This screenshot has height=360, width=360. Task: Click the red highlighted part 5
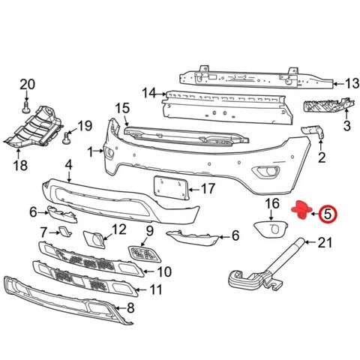[x=302, y=209]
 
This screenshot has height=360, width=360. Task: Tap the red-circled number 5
[x=328, y=214]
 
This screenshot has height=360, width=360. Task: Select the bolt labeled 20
[x=26, y=106]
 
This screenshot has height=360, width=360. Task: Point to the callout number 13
[x=352, y=83]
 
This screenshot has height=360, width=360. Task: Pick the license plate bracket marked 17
[x=171, y=188]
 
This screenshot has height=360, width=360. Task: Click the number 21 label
[x=325, y=242]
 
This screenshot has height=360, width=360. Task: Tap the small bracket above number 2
[x=313, y=132]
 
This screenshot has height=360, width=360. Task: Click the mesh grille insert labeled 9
[x=144, y=254]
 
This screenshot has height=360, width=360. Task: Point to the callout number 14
[x=148, y=93]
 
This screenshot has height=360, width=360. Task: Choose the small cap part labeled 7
[x=64, y=231]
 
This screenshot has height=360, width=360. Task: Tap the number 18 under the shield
[x=21, y=165]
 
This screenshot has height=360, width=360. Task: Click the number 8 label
[x=130, y=308]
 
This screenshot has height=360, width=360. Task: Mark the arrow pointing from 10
[x=148, y=271]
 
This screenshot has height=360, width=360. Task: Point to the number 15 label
[x=122, y=108]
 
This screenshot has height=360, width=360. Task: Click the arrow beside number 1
[x=98, y=151]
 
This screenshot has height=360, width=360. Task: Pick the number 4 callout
[x=68, y=165]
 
